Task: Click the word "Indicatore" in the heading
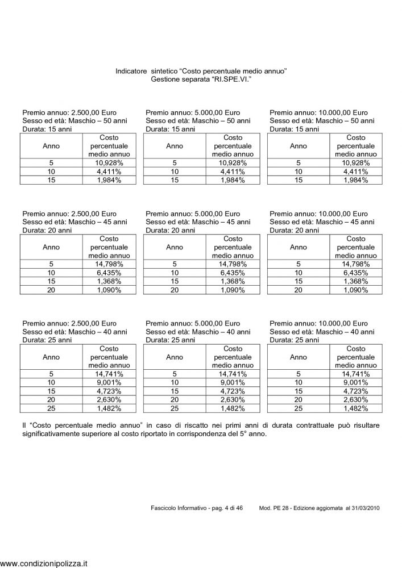coord(131,72)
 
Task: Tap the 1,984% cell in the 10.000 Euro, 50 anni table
coord(356,180)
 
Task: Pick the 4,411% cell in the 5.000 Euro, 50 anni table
coord(233,172)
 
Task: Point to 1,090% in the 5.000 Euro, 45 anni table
coord(233,290)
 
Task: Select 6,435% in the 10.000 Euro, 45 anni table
coord(356,273)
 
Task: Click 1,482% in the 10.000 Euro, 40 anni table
coord(356,408)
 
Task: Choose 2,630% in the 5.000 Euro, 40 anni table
coord(233,400)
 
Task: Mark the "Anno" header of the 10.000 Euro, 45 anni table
coord(299,247)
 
